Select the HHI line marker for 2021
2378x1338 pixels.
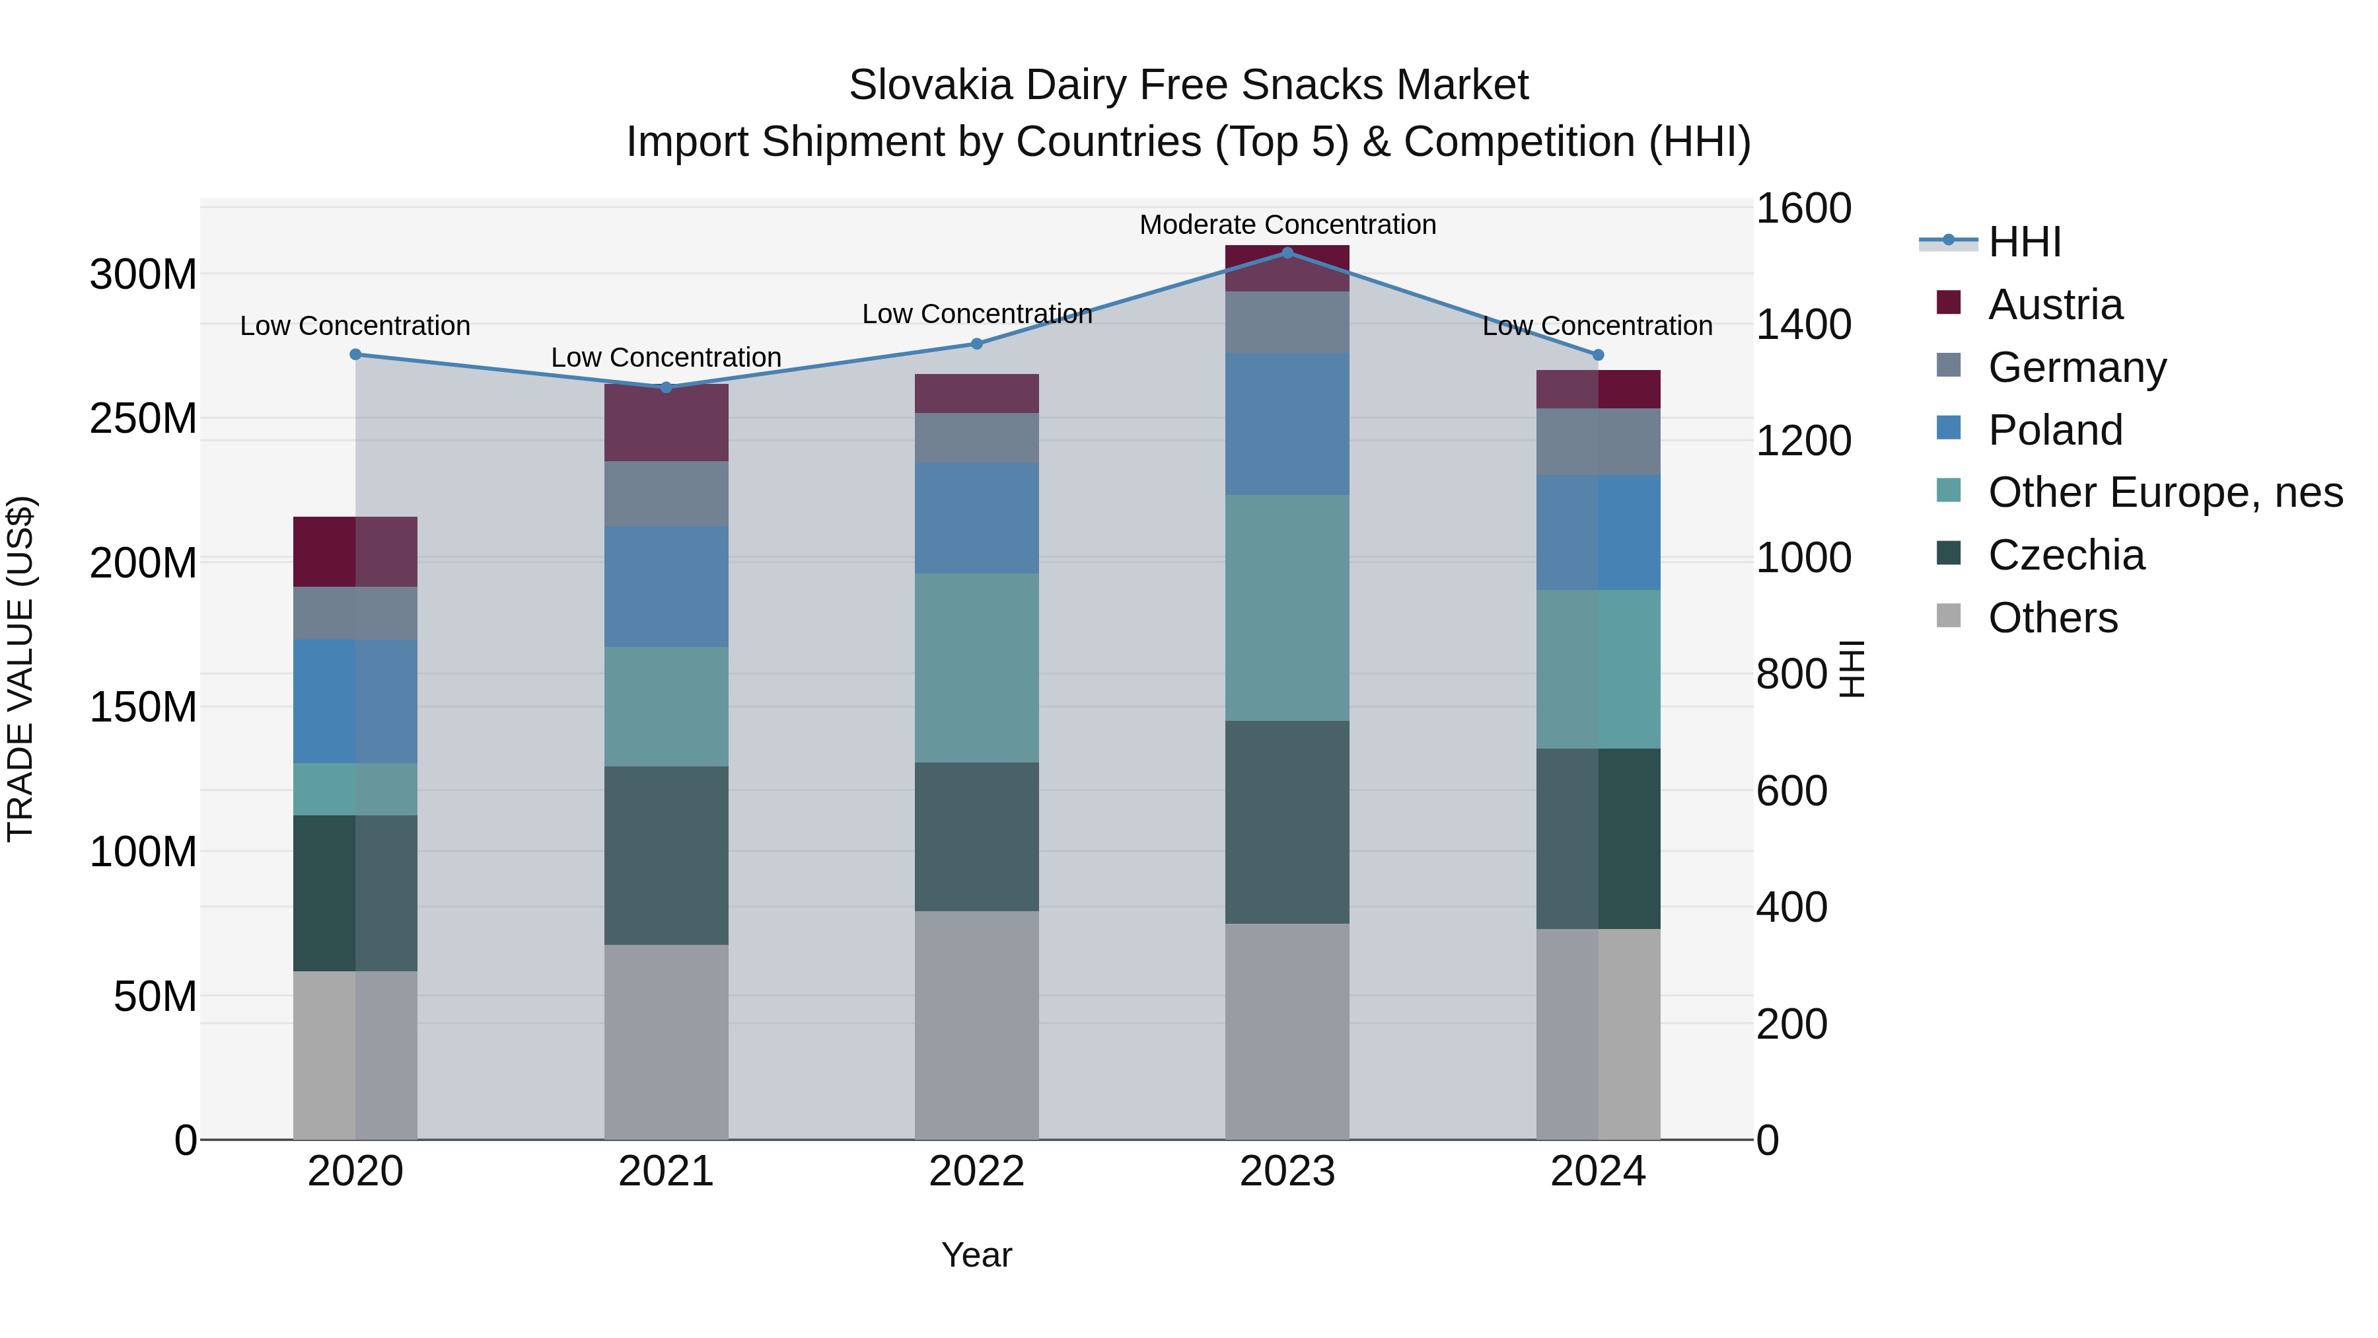(x=666, y=387)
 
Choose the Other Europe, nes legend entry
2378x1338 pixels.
(x=2164, y=492)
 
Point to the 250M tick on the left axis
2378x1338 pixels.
(x=143, y=418)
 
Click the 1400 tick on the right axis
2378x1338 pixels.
(x=1802, y=324)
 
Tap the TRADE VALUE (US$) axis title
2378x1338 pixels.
(x=20, y=669)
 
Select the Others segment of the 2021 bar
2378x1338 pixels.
(x=666, y=1041)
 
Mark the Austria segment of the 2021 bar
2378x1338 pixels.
(x=666, y=423)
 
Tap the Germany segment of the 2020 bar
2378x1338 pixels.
(x=355, y=613)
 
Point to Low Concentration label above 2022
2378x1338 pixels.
(x=977, y=314)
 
